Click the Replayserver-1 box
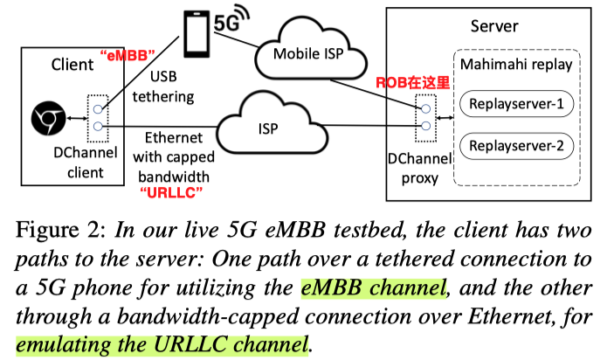click(x=516, y=107)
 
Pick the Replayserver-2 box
click(x=516, y=143)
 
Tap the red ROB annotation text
click(x=410, y=83)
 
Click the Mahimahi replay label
click(x=517, y=65)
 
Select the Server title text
click(x=494, y=26)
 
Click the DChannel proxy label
click(x=417, y=169)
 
